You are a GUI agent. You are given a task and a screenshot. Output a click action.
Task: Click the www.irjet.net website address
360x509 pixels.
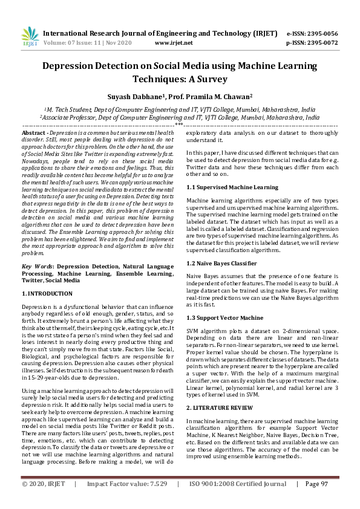[174, 43]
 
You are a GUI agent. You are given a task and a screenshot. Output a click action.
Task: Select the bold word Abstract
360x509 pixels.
[33, 132]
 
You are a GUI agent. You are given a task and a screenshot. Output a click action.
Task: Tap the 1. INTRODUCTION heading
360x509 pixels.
[47, 293]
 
